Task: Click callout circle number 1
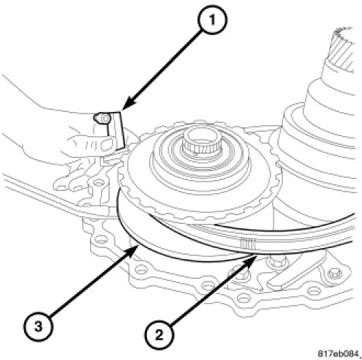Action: pos(212,20)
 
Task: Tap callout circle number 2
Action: pos(159,335)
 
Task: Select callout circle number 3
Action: pos(38,326)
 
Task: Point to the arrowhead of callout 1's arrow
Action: pos(127,105)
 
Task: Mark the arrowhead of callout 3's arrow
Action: pos(132,251)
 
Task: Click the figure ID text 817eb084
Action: pos(339,353)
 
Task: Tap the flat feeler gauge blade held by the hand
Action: pos(116,130)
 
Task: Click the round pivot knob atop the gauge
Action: pos(102,119)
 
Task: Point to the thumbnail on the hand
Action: pos(108,144)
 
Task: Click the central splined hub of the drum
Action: pos(202,144)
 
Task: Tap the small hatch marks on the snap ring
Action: pos(247,244)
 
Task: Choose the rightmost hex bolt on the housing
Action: pos(334,274)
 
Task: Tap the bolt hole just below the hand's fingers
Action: pos(99,182)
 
